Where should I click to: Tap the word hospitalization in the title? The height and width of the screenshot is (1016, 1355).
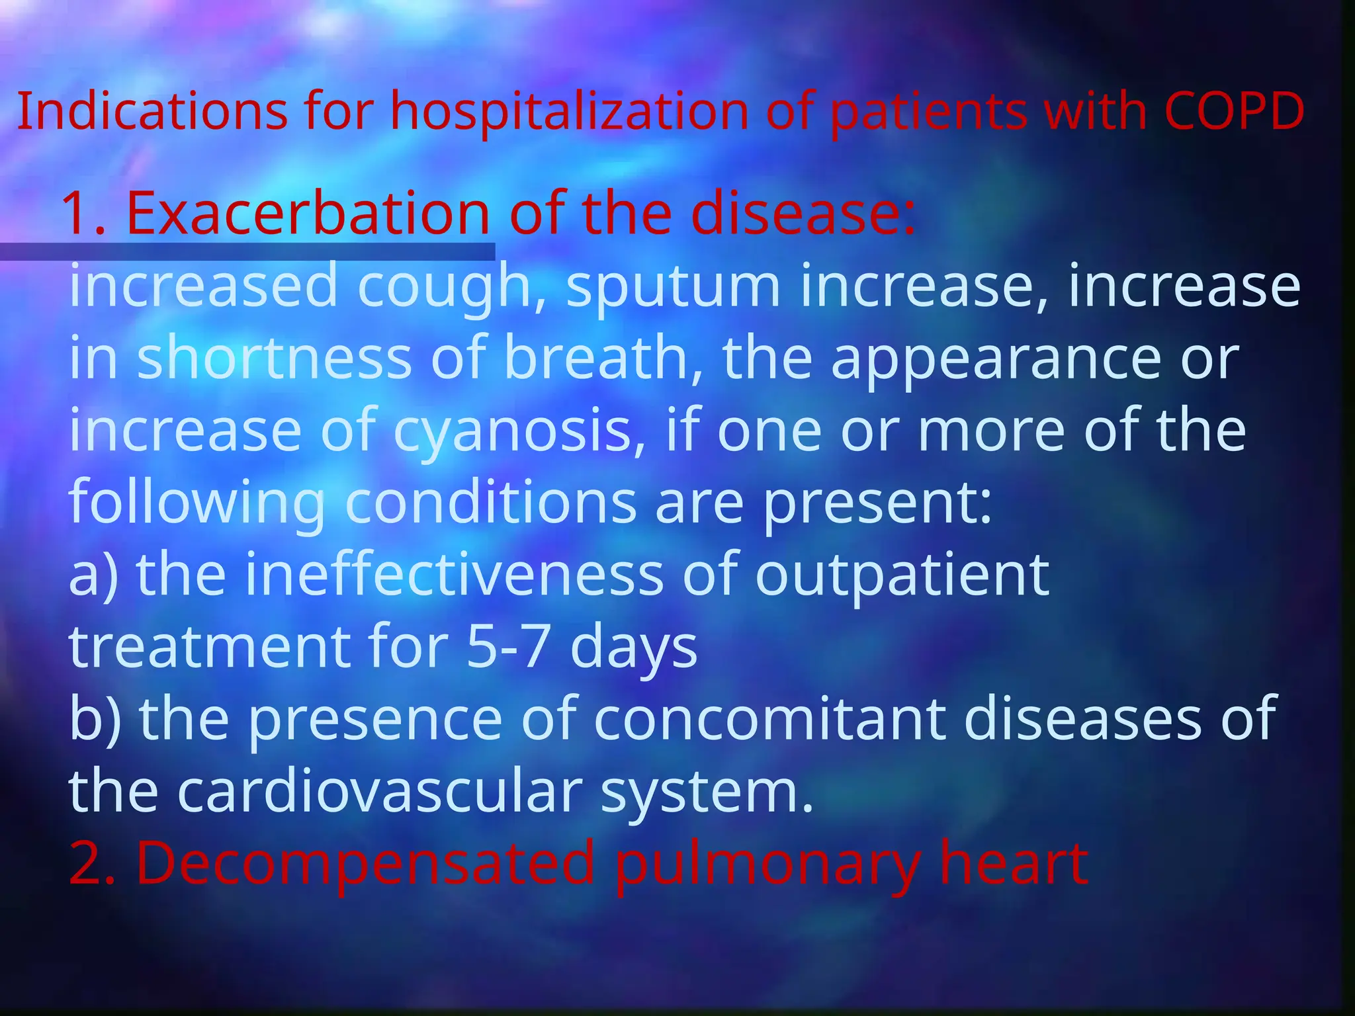(x=569, y=111)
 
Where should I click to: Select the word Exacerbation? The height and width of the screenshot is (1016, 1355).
(x=308, y=213)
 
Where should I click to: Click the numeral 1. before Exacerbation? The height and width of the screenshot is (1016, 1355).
(x=84, y=214)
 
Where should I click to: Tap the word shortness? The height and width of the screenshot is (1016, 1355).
(x=275, y=359)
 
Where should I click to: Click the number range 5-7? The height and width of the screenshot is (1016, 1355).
(x=507, y=646)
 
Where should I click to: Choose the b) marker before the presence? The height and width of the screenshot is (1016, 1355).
(x=95, y=718)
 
